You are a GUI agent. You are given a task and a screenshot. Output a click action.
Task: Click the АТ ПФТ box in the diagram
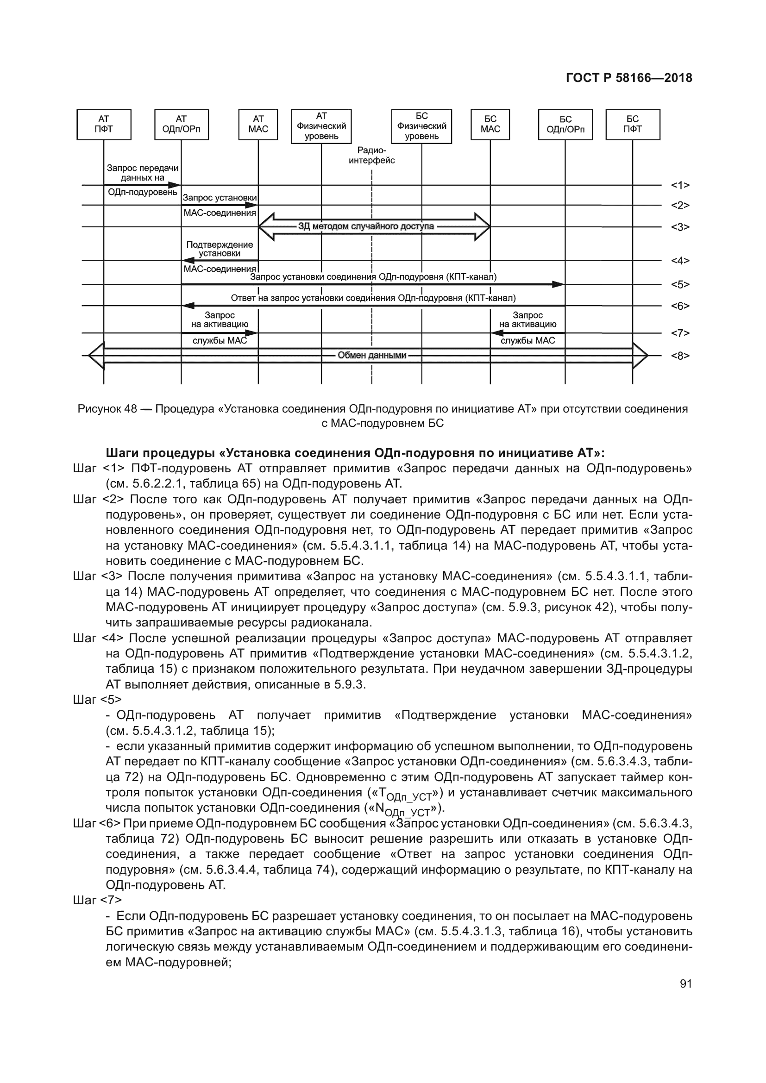pyautogui.click(x=104, y=125)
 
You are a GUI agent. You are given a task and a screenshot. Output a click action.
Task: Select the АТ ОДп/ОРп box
pyautogui.click(x=181, y=125)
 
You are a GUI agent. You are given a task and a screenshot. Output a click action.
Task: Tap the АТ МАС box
pyautogui.click(x=258, y=125)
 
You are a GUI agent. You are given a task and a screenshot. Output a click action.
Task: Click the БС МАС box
pyautogui.click(x=490, y=125)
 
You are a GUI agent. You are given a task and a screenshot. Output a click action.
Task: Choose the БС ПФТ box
pyautogui.click(x=633, y=125)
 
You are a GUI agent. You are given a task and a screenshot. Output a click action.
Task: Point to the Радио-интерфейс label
pyautogui.click(x=372, y=156)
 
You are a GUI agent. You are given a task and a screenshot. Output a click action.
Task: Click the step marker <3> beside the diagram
pyautogui.click(x=680, y=227)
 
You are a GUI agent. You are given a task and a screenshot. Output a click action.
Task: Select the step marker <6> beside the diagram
pyautogui.click(x=680, y=306)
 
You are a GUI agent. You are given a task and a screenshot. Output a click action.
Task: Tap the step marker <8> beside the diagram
pyautogui.click(x=680, y=356)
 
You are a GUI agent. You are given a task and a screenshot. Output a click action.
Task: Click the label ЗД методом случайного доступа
pyautogui.click(x=366, y=226)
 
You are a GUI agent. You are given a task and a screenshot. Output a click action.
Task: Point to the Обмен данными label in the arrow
pyautogui.click(x=372, y=355)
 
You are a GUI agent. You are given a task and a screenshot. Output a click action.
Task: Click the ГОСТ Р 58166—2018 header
pyautogui.click(x=629, y=78)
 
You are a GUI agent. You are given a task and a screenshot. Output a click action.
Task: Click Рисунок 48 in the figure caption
pyautogui.click(x=107, y=409)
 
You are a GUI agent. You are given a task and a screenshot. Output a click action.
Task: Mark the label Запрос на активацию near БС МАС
pyautogui.click(x=527, y=320)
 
